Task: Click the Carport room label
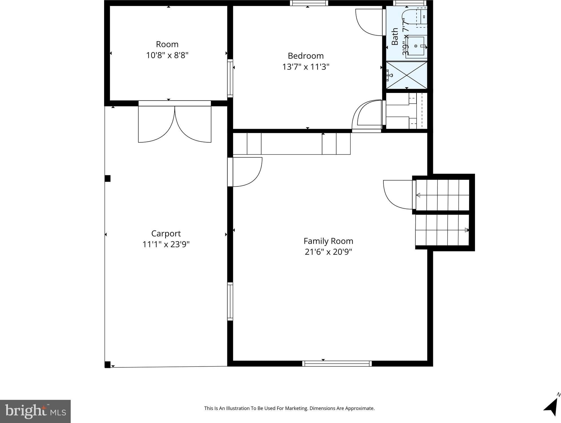(166, 234)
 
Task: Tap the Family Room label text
(328, 241)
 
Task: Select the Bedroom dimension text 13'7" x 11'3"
(306, 67)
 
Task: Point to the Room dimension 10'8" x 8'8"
(167, 55)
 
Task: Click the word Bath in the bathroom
(395, 36)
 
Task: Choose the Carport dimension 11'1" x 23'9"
(166, 244)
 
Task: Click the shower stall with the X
(407, 75)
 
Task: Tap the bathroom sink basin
(416, 46)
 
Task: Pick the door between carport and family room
(245, 172)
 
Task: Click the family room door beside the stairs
(398, 195)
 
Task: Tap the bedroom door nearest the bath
(369, 22)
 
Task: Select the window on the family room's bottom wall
(337, 364)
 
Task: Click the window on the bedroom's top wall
(309, 3)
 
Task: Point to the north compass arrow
(552, 405)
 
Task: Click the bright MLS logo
(35, 411)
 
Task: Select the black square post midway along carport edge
(107, 178)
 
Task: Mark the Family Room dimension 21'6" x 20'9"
(328, 252)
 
